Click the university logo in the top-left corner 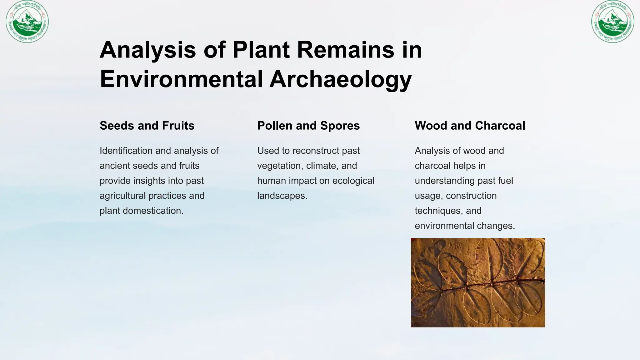point(27,22)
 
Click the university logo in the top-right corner point(612,22)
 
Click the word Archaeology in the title point(340,79)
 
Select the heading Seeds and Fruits point(147,126)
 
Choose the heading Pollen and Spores point(308,126)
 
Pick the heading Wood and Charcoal point(470,126)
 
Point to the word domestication point(153,211)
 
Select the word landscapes point(282,196)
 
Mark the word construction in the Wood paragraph point(471,196)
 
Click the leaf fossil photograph point(477,282)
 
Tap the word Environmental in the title point(181,79)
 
